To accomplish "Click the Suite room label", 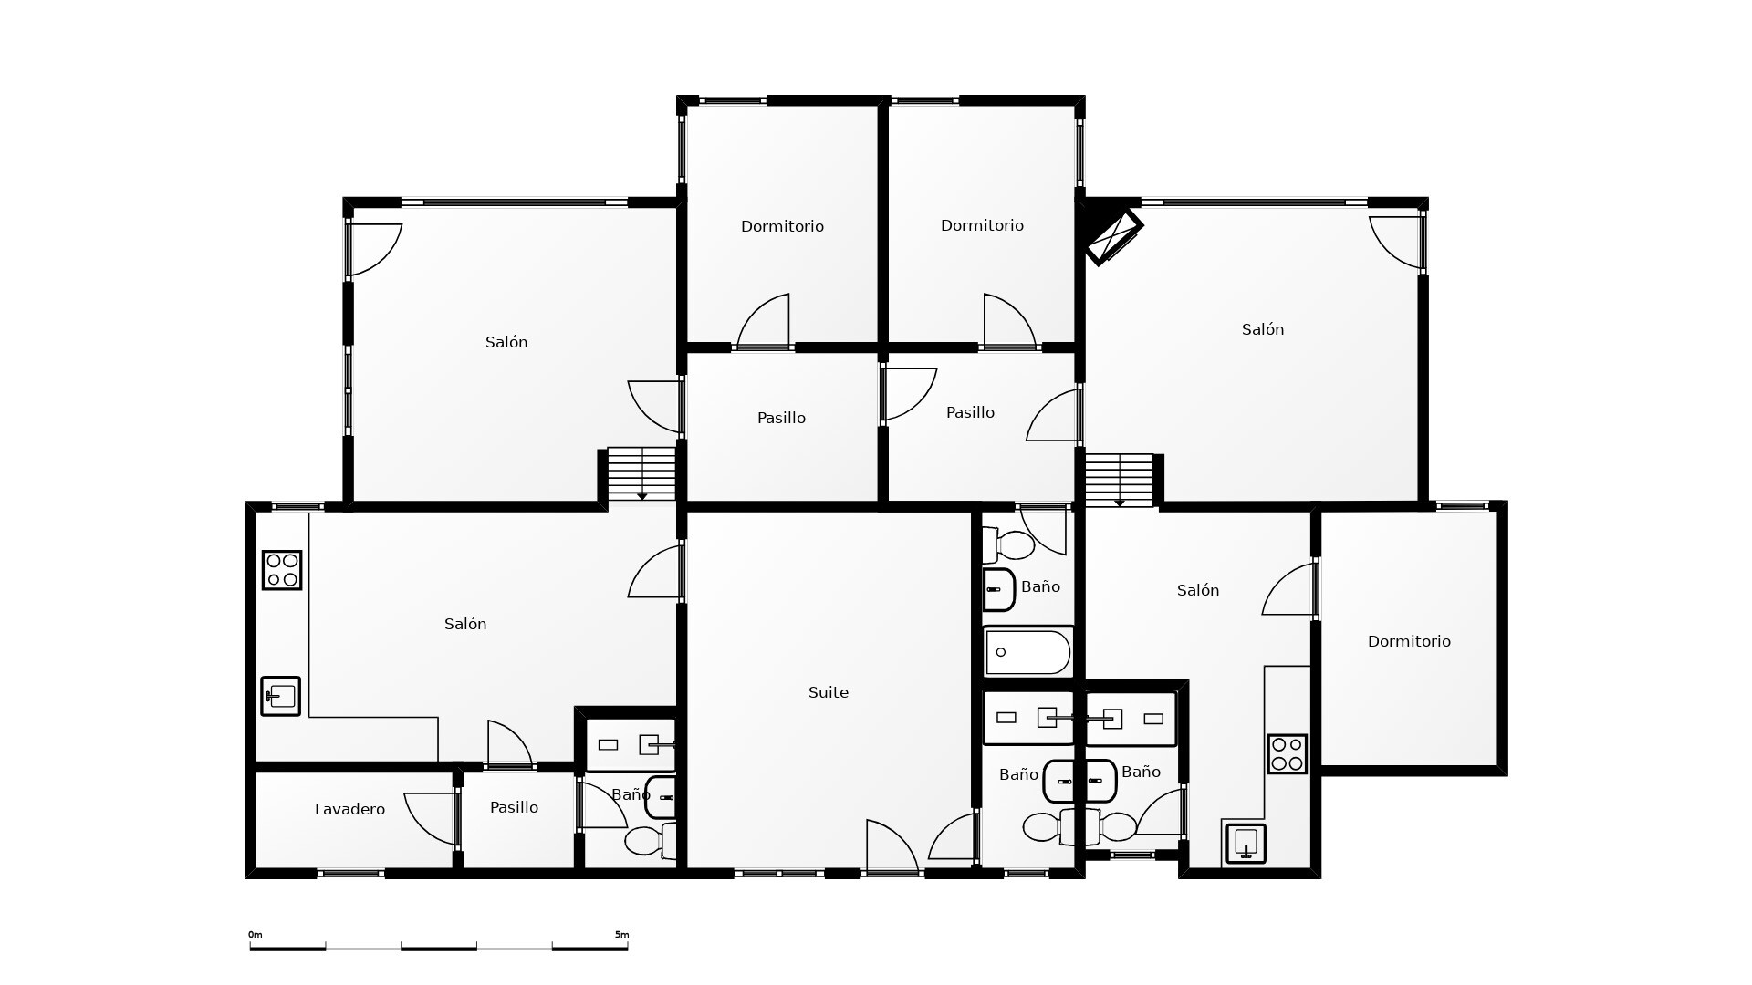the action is point(829,692).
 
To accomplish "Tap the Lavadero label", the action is point(349,809).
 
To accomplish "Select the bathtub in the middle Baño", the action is point(1027,652).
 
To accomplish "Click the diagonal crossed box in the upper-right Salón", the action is point(1113,237).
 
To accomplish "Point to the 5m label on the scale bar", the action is point(621,935).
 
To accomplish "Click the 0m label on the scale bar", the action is point(255,935).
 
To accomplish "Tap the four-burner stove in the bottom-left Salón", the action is point(282,570).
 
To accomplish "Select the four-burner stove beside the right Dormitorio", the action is point(1288,754).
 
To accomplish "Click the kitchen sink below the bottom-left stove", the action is point(281,696).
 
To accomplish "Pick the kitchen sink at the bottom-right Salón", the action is point(1246,844).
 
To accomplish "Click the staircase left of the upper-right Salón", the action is point(1120,480).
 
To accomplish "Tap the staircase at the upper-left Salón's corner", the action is point(642,473).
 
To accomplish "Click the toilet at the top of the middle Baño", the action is point(1008,545).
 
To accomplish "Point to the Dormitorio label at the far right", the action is point(1409,641).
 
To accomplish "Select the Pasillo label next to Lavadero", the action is point(514,807).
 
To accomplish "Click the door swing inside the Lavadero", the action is point(431,819).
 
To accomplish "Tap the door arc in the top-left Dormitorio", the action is point(763,320).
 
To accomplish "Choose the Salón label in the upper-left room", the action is point(506,342).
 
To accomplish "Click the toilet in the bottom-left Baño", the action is point(651,840).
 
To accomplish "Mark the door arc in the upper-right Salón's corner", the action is point(1396,243).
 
